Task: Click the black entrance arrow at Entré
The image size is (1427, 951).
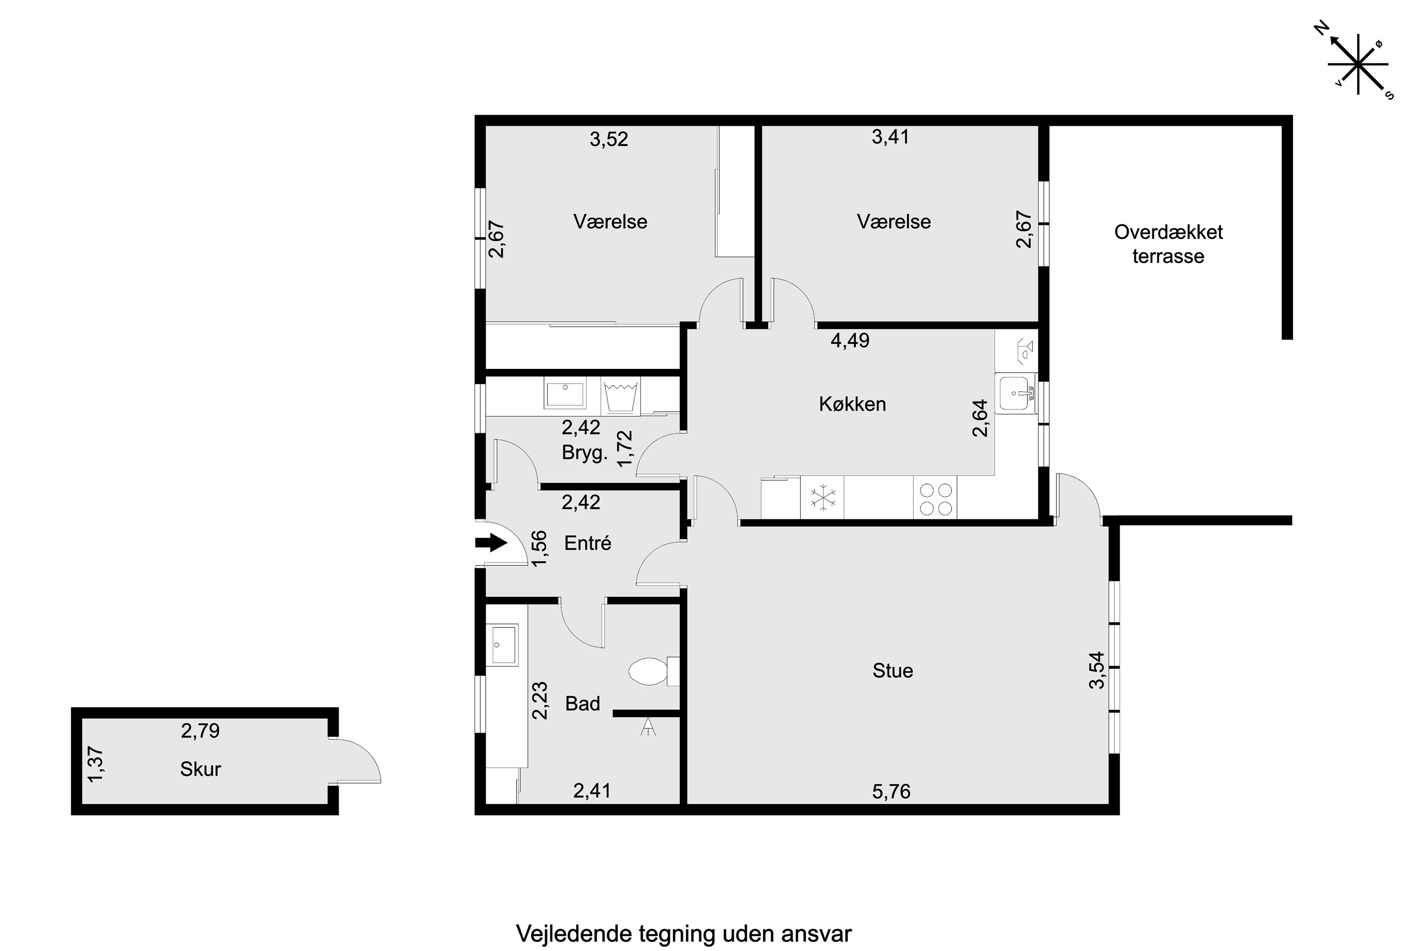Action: [491, 542]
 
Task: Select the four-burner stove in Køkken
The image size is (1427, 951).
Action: [935, 498]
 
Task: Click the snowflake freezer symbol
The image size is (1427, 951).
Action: [823, 497]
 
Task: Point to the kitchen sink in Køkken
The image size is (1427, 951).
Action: [1016, 394]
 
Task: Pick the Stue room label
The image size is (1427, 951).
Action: [892, 671]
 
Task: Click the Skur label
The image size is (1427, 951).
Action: [200, 769]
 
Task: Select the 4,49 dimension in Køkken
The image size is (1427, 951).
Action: [850, 340]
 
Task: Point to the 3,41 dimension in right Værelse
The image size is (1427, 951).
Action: [890, 136]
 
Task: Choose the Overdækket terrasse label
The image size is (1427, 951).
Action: [1169, 244]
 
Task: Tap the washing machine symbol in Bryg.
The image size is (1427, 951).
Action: [621, 396]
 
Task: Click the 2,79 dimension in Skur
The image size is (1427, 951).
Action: [200, 730]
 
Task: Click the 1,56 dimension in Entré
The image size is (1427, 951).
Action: [539, 548]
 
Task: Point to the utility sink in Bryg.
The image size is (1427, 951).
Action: [565, 394]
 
